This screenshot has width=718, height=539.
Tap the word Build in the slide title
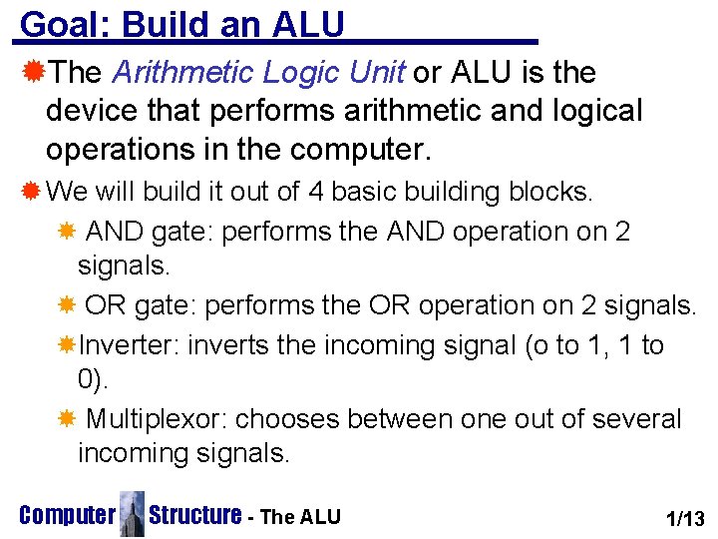[166, 24]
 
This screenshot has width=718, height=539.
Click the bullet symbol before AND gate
[67, 232]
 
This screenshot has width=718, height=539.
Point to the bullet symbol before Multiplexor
[67, 419]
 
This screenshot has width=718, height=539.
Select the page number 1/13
[685, 517]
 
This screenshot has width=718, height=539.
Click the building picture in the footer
[131, 513]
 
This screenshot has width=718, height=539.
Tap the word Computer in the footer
[67, 516]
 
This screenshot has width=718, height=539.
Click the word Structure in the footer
[195, 515]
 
